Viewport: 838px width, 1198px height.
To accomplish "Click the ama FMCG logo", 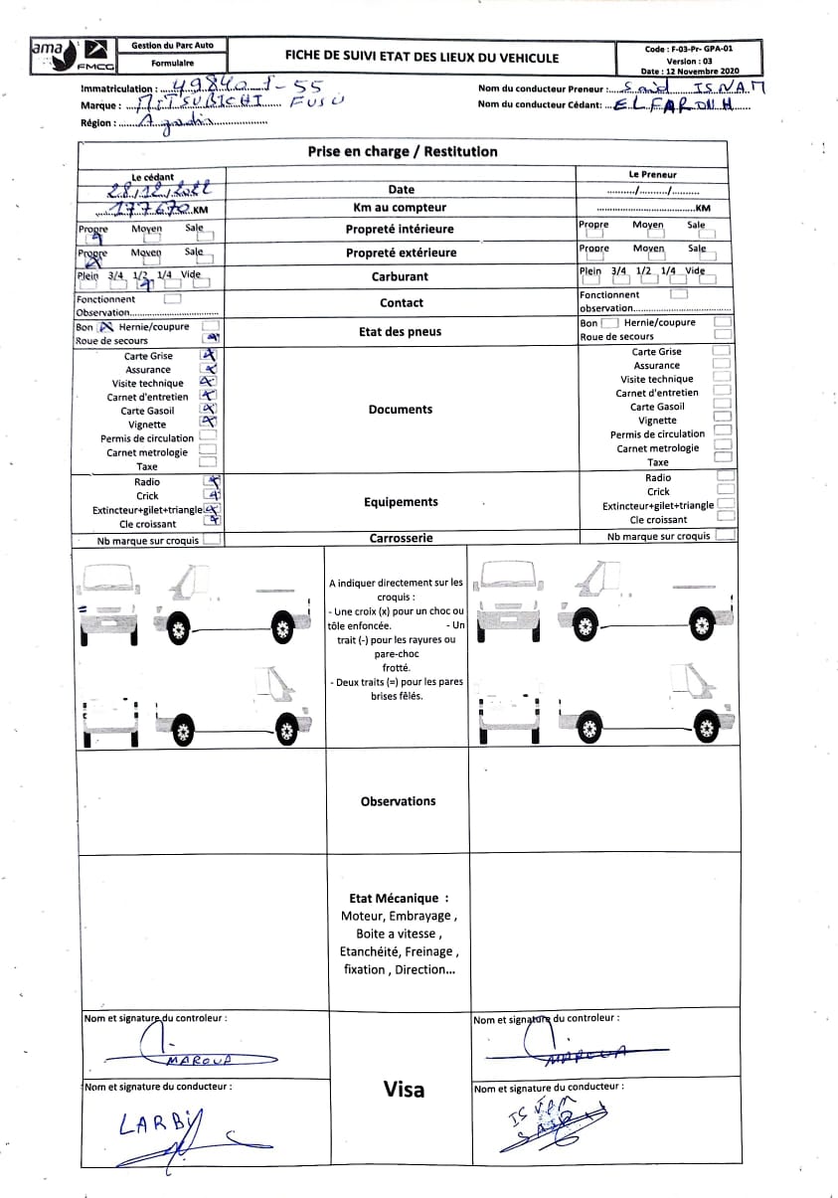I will pyautogui.click(x=73, y=56).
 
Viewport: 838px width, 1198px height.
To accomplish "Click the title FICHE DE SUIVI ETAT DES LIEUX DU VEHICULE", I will pyautogui.click(x=421, y=58).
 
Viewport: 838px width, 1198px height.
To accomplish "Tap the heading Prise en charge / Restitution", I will pyautogui.click(x=403, y=152).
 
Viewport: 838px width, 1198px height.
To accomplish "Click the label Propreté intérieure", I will pyautogui.click(x=401, y=230).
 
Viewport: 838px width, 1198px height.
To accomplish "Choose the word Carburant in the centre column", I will pyautogui.click(x=400, y=277).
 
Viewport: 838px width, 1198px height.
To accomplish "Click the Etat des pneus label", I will pyautogui.click(x=400, y=332).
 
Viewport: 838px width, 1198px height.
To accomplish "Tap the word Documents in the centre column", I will pyautogui.click(x=400, y=410).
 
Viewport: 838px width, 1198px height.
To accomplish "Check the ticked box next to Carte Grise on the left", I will pyautogui.click(x=209, y=355).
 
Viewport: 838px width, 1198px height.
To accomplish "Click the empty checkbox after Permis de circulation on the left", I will pyautogui.click(x=209, y=436).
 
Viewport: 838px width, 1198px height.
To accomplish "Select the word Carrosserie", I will pyautogui.click(x=401, y=538).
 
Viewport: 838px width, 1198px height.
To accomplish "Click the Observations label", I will pyautogui.click(x=398, y=801).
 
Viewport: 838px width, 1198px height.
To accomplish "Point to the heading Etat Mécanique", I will pyautogui.click(x=399, y=897).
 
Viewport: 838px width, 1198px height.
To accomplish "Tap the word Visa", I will pyautogui.click(x=404, y=1090).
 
